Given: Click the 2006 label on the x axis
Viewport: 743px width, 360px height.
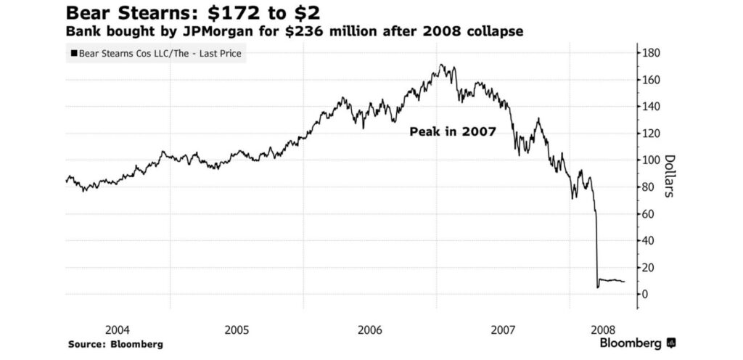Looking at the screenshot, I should click(x=370, y=330).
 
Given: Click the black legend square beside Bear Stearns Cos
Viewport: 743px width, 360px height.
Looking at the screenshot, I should click(x=73, y=54).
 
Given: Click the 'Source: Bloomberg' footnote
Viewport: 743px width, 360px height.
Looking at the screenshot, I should click(x=115, y=343).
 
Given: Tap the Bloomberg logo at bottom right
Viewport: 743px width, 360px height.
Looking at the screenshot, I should click(x=639, y=343).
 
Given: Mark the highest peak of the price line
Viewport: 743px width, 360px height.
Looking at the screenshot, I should click(x=442, y=65).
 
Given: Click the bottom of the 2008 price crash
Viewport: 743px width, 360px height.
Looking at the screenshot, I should click(x=597, y=287).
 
